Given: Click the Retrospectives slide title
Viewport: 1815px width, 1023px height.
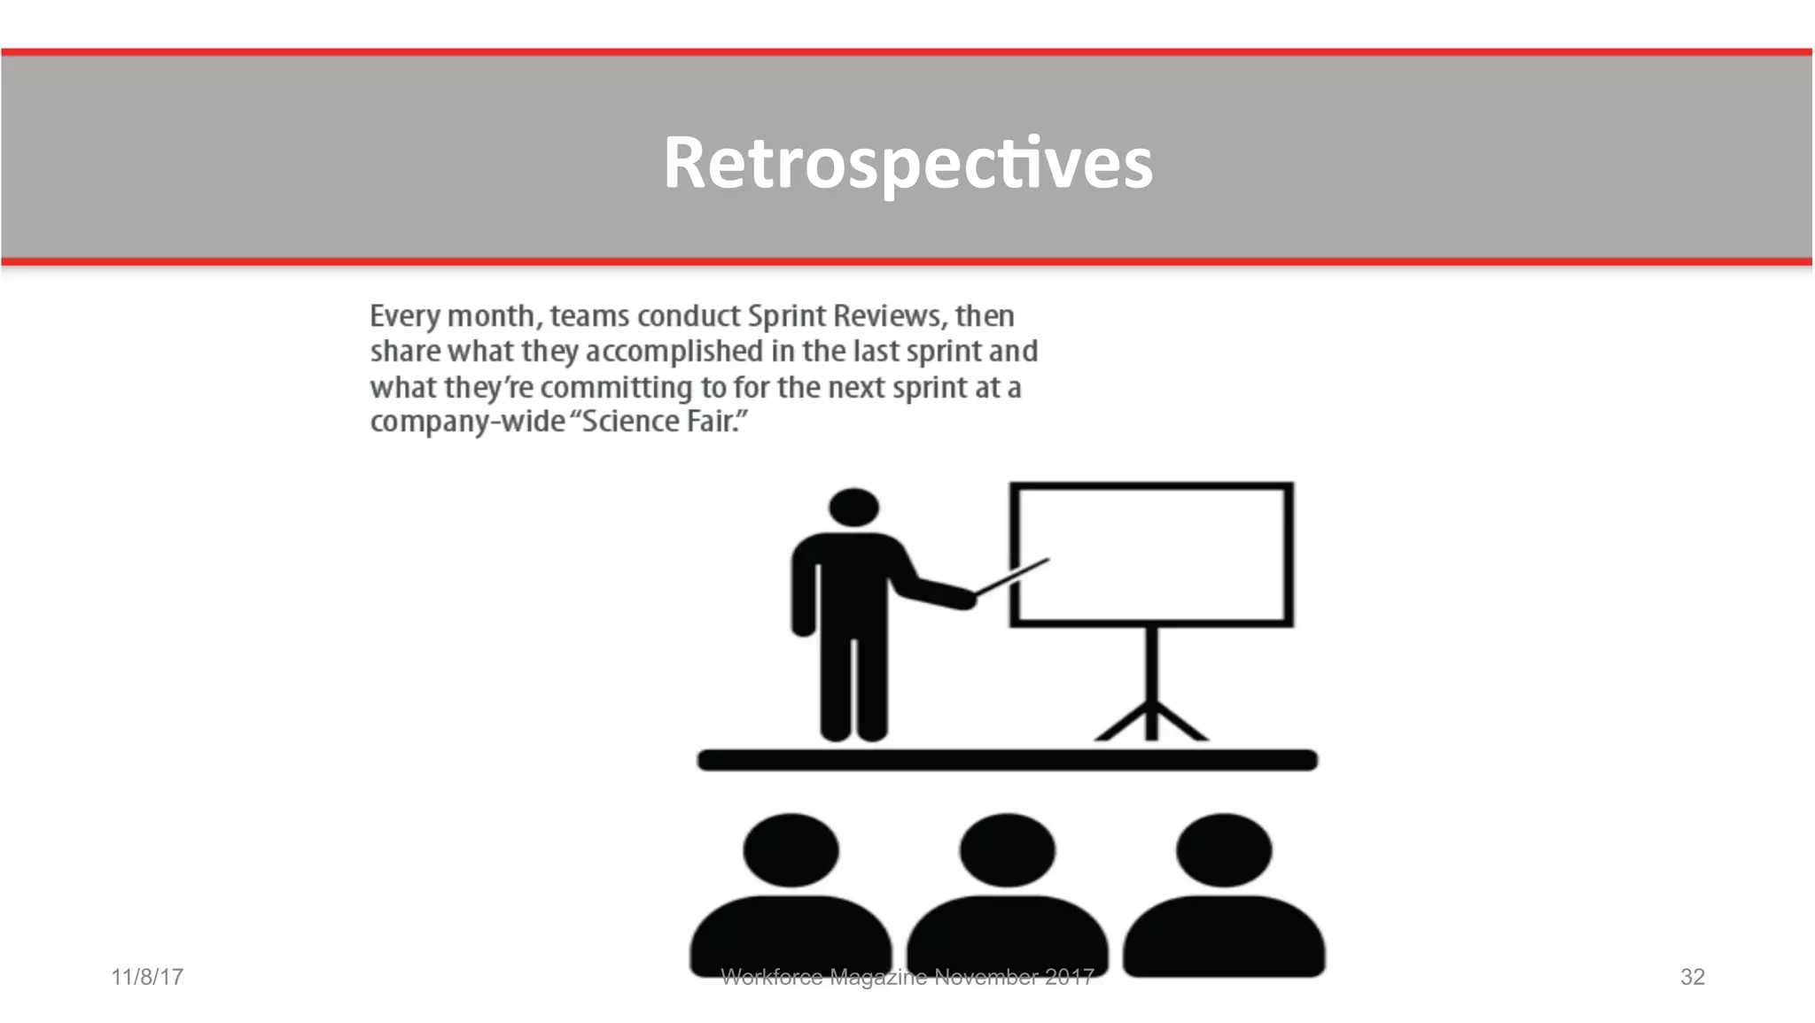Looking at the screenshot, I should [907, 162].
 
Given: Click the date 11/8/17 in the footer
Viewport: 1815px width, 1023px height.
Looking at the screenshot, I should [147, 977].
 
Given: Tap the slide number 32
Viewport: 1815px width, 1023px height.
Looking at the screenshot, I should [1692, 977].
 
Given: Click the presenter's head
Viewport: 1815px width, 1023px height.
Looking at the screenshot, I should [853, 508].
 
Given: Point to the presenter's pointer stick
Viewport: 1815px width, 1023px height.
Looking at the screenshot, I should [1013, 577].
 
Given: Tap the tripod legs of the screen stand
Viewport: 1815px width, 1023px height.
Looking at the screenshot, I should [1151, 721].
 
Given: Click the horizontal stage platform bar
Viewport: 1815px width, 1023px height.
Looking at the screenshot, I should [1008, 760].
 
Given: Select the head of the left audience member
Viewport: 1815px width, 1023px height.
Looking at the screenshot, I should [791, 849].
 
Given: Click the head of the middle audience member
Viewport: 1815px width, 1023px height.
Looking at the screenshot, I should [1008, 849].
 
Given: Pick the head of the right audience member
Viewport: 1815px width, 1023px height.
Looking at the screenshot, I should [1224, 849].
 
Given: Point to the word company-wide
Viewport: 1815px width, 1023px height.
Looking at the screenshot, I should [467, 422].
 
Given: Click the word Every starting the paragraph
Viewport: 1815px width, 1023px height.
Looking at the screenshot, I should [404, 316].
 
